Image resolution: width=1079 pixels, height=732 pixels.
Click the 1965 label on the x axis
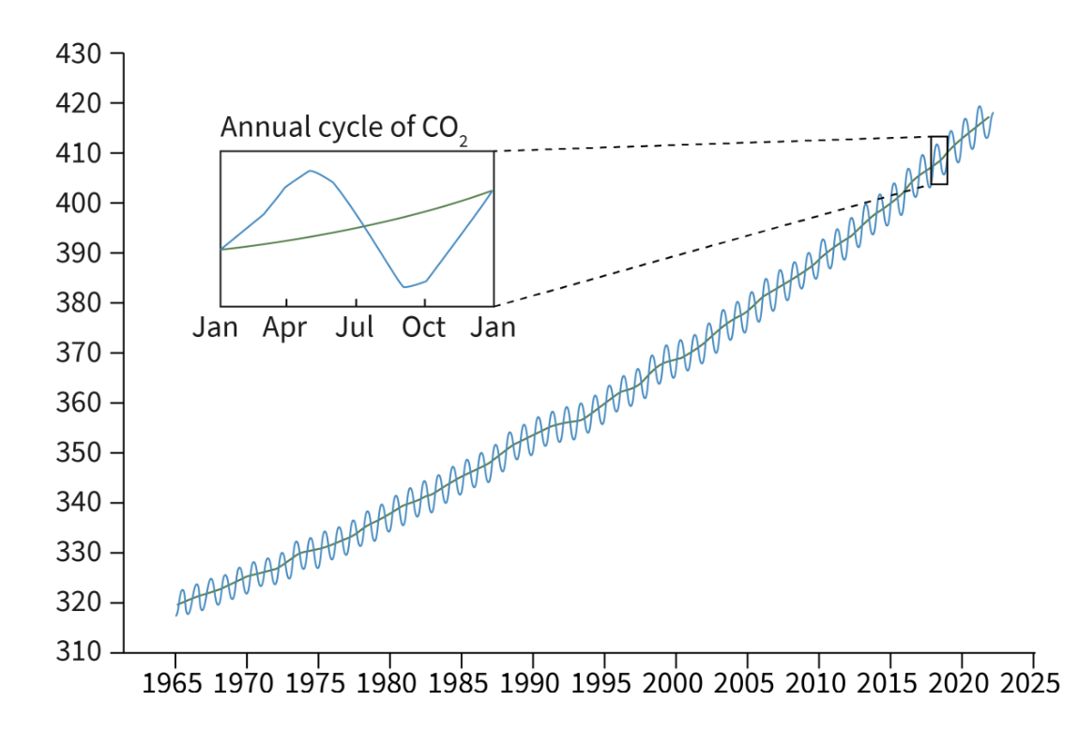pos(175,681)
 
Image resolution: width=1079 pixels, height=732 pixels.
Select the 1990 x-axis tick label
pos(533,681)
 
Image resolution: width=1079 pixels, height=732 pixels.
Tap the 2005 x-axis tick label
pos(748,681)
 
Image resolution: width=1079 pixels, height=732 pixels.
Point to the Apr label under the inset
pos(285,328)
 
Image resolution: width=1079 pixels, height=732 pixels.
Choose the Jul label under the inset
pos(356,328)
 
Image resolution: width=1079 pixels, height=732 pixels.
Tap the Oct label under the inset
pos(425,328)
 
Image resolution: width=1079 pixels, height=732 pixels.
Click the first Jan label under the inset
pos(216,328)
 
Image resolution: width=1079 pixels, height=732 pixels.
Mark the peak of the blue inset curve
pos(310,171)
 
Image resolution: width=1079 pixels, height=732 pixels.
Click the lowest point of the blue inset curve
pos(404,287)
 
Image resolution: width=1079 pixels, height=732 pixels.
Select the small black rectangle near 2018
pos(938,160)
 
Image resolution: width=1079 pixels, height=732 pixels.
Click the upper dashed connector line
pos(713,144)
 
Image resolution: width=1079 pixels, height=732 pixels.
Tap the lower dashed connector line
pos(713,245)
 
